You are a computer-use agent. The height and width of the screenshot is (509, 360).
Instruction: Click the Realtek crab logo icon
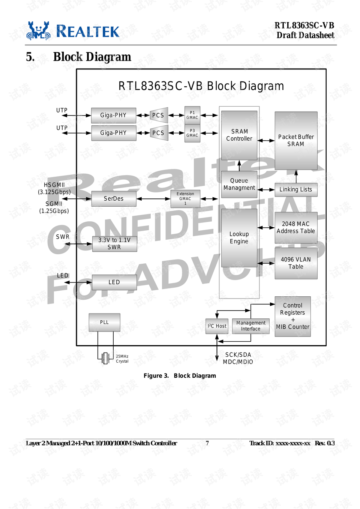pyautogui.click(x=38, y=31)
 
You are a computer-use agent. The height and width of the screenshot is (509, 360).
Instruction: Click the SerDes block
pyautogui.click(x=114, y=198)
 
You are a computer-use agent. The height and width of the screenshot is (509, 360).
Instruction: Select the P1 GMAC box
pyautogui.click(x=192, y=115)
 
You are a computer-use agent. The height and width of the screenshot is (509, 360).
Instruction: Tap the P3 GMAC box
pyautogui.click(x=192, y=133)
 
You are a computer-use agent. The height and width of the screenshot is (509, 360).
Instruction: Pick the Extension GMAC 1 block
pyautogui.click(x=185, y=199)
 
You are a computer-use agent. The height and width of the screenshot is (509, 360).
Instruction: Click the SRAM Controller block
pyautogui.click(x=239, y=135)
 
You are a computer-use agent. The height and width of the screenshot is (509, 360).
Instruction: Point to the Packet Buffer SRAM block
pyautogui.click(x=296, y=141)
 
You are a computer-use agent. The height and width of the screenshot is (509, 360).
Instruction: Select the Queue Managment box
pyautogui.click(x=239, y=184)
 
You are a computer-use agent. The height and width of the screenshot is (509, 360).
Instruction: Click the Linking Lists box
pyautogui.click(x=296, y=189)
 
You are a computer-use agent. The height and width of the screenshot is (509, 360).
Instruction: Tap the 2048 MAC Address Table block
pyautogui.click(x=296, y=228)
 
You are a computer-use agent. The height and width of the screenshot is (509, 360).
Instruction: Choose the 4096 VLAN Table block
pyautogui.click(x=296, y=263)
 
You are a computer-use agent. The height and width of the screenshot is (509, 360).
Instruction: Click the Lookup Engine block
pyautogui.click(x=239, y=238)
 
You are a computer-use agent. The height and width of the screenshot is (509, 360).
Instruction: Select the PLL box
pyautogui.click(x=104, y=322)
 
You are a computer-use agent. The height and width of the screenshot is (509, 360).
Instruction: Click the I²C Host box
pyautogui.click(x=217, y=326)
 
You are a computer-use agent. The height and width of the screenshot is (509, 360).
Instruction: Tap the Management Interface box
pyautogui.click(x=251, y=326)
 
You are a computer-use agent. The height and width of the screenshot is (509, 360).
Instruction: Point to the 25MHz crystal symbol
pyautogui.click(x=105, y=358)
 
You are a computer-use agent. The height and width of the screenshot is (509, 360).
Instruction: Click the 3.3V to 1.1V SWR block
pyautogui.click(x=114, y=244)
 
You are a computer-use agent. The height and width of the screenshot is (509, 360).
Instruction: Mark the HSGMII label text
pyautogui.click(x=54, y=185)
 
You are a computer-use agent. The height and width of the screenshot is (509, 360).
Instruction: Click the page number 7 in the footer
pyautogui.click(x=207, y=443)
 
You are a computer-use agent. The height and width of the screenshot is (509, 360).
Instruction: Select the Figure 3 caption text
pyautogui.click(x=180, y=375)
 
